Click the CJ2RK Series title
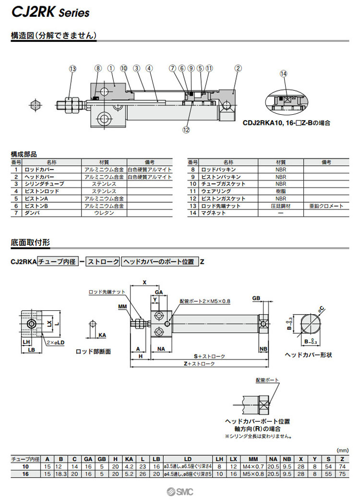coord(50,13)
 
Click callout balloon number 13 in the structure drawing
coord(72,69)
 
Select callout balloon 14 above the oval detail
coord(283,73)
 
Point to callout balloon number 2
coord(238,68)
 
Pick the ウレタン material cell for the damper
coord(104,213)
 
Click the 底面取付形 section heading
coord(30,243)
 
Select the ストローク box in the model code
coord(103,262)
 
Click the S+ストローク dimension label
coord(209,356)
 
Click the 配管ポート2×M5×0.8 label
coord(205,301)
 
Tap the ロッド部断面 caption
coord(94,352)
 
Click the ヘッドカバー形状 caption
coord(308,354)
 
